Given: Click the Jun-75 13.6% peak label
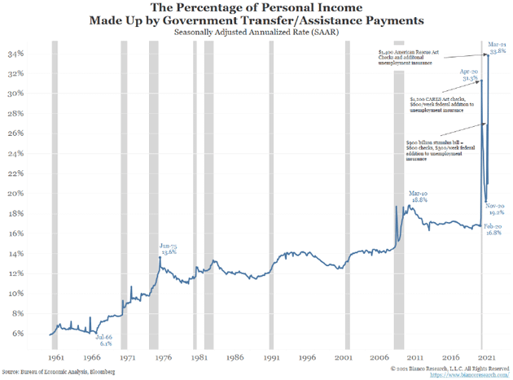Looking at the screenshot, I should pos(169,248).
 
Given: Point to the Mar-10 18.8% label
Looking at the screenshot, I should pos(417,196).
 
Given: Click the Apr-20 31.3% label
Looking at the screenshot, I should pos(469,74).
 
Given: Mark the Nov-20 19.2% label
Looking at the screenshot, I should pos(498,209).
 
